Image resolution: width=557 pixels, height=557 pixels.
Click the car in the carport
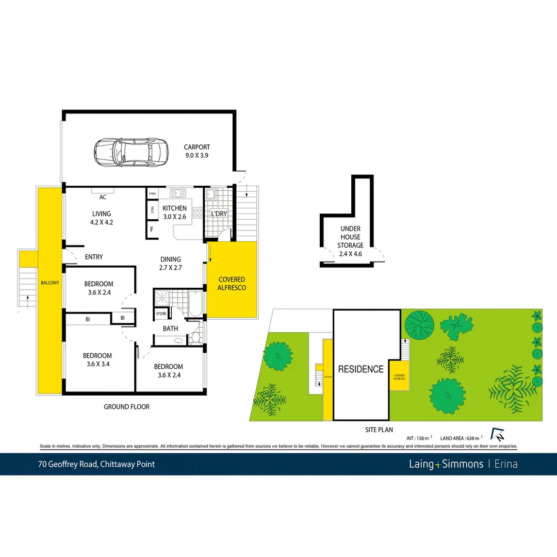(131, 152)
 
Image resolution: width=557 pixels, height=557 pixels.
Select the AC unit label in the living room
(103, 197)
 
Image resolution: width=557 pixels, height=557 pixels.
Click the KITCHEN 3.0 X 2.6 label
(174, 212)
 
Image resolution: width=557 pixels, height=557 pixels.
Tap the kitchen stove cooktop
(197, 212)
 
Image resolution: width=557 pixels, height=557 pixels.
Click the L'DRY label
(219, 214)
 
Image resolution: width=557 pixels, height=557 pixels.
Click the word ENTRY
(93, 257)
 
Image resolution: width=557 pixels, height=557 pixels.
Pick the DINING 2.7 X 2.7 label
(170, 264)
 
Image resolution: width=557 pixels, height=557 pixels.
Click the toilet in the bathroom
(195, 338)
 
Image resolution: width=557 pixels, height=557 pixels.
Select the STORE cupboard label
(161, 314)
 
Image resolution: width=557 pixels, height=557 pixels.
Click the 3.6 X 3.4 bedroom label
(97, 360)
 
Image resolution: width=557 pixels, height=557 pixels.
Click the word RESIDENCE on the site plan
(361, 369)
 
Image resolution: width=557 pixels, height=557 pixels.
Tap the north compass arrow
(497, 434)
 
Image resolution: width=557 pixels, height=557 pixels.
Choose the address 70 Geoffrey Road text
(96, 464)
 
